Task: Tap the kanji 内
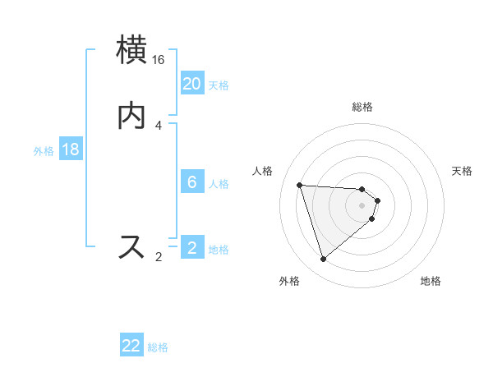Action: [x=132, y=117]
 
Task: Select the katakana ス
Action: [x=132, y=246]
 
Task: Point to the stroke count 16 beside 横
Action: [x=159, y=60]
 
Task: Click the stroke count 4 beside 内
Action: [x=159, y=126]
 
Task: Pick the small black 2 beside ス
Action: [x=159, y=257]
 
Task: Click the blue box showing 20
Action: [x=192, y=84]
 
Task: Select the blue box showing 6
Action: [x=192, y=182]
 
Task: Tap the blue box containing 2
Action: [x=192, y=248]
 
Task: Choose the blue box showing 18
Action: [x=71, y=149]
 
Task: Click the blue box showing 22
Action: [x=131, y=346]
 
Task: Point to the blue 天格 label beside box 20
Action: [x=219, y=85]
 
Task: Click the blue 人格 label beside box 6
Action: [x=219, y=184]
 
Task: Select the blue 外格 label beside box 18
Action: [x=44, y=151]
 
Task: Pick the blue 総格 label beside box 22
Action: [x=158, y=347]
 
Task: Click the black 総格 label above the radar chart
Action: [x=362, y=107]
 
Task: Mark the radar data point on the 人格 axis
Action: [x=300, y=185]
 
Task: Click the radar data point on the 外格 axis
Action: [x=324, y=260]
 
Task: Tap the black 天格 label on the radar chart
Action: [x=462, y=171]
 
